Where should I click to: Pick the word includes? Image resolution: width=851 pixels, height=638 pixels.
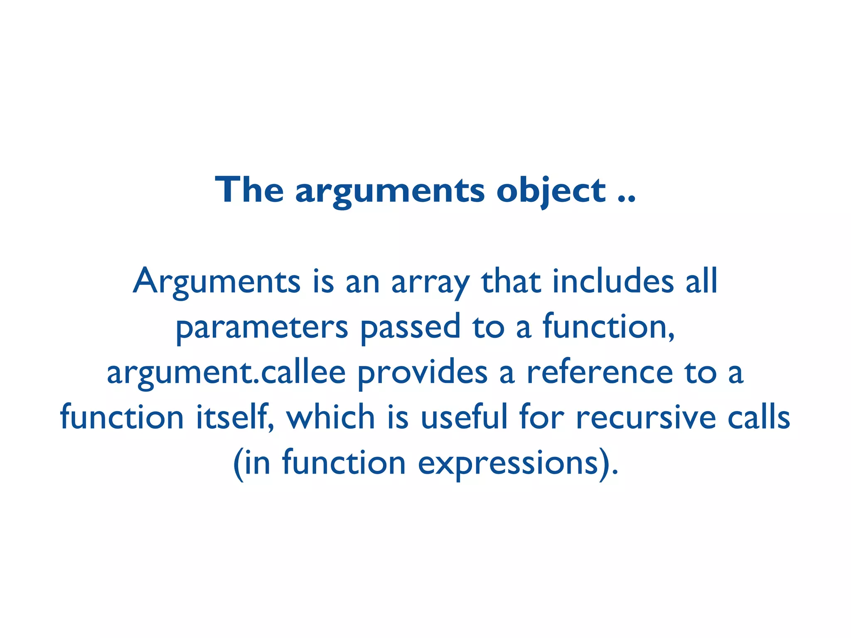point(613,281)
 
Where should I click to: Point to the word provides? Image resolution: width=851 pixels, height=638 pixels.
point(422,373)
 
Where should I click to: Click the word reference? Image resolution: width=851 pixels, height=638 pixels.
point(600,372)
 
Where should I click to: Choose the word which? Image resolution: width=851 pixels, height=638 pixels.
point(331,417)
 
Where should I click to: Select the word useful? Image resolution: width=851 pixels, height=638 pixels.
point(464,417)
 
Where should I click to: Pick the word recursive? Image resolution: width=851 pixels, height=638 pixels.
point(646,417)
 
